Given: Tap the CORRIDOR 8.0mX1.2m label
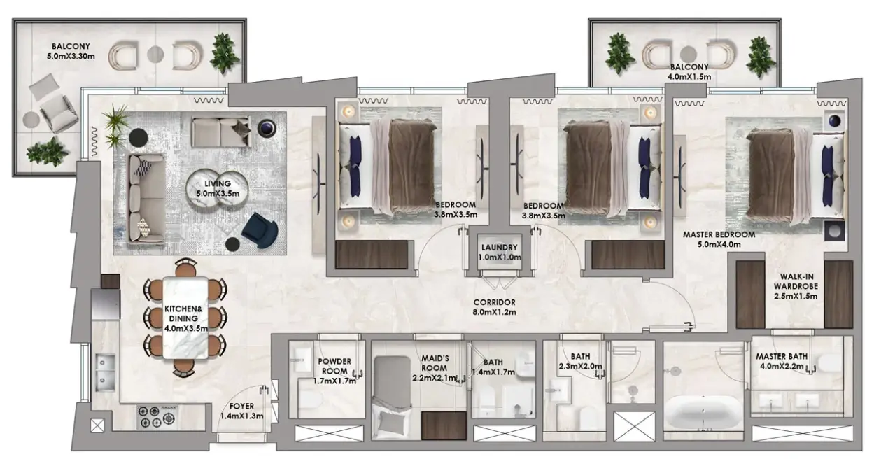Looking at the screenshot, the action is coord(494,307).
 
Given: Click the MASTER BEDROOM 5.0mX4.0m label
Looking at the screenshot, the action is coord(719,239).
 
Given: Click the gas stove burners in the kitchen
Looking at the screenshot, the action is coord(157,416).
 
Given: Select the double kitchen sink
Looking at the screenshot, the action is coord(105,372).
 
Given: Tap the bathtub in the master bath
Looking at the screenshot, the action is coord(703,413).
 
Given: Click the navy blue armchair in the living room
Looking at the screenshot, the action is coord(260,230).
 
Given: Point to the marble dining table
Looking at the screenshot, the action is coord(185,318).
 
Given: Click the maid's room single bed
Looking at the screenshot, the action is coord(393,398).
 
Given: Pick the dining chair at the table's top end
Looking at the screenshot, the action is coord(185,267).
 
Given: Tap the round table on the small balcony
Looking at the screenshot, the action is coord(689,54).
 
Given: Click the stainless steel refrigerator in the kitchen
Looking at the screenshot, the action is coord(106,304).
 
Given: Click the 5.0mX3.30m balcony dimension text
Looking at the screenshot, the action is coord(71,56).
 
